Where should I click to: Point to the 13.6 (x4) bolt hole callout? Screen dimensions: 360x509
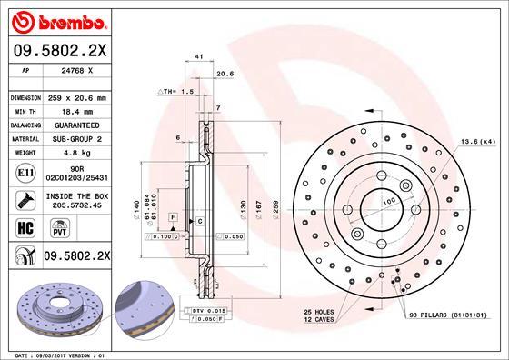click(477, 141)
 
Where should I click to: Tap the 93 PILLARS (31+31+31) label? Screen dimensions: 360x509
click(447, 314)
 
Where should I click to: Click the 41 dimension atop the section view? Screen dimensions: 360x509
click(199, 57)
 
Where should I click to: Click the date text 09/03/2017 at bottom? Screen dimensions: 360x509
click(63, 353)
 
